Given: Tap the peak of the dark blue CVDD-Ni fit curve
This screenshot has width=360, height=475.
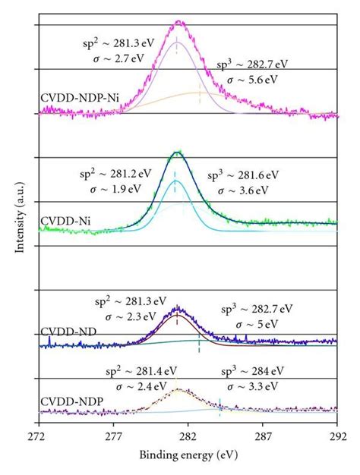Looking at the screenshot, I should [176, 153].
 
